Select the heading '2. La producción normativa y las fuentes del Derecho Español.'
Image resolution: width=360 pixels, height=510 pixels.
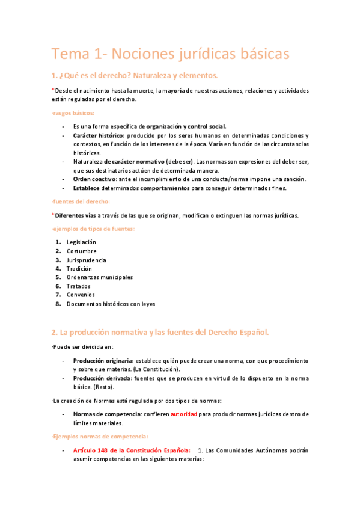coord(160,332)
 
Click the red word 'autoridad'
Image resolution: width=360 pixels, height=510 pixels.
coord(186,414)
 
